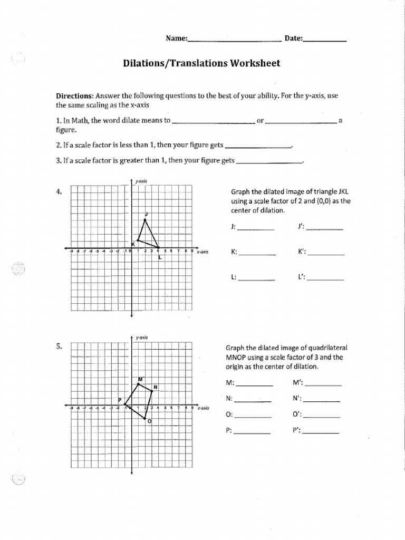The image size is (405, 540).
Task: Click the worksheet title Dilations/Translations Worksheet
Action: click(201, 63)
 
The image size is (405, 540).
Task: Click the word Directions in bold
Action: click(75, 96)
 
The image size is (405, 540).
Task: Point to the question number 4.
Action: click(59, 192)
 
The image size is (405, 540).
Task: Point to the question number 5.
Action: click(59, 346)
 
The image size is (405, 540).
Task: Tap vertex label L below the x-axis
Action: click(159, 257)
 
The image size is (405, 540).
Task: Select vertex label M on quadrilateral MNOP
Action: click(140, 379)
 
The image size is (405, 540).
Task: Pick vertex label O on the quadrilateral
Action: click(149, 421)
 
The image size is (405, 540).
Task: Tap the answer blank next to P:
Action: click(252, 432)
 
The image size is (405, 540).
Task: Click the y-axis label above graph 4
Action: click(141, 181)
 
